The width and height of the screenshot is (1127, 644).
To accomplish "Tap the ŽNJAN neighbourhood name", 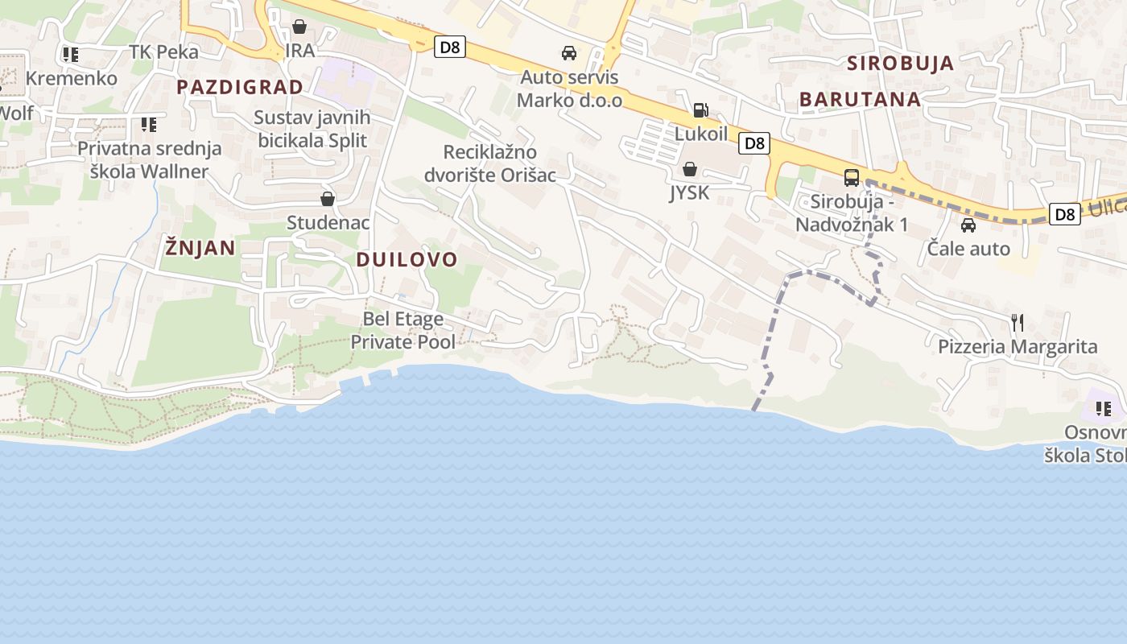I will pos(200,248).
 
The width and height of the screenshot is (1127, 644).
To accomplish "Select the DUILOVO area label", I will pos(407,259).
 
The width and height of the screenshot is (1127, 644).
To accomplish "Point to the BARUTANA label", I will pos(860,100).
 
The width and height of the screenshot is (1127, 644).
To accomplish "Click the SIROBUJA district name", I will pos(900,63).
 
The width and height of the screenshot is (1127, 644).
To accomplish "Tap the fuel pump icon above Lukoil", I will pos(701,110).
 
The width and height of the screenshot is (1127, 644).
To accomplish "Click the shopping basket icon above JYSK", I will pos(689,169).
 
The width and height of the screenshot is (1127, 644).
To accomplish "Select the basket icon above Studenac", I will pos(328,199).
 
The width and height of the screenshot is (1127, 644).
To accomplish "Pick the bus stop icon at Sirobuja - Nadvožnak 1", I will pos(852,178).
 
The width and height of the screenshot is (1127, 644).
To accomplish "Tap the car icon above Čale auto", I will pos(968,225).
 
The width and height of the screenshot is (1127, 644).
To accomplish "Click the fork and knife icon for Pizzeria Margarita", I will pos(1018,323).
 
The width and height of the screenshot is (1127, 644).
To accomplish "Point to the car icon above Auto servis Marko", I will pos(569,54).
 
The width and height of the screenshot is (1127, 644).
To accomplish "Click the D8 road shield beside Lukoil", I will pos(754,143).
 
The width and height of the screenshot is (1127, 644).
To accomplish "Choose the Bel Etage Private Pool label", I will pos(403,330).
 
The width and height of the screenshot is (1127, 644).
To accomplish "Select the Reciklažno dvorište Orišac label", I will pos(490,163).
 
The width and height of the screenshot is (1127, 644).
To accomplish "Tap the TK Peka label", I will pos(163,52).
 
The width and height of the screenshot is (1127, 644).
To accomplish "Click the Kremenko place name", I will pos(72,78).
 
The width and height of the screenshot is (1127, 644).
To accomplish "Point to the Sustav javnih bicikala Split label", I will pos(312,129).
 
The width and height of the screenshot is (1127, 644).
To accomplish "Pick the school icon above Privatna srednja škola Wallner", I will pos(149,125).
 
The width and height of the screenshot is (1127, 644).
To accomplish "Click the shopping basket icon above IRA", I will pos(299,27).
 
